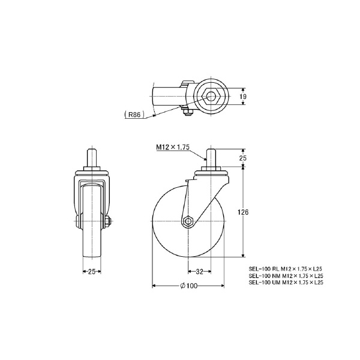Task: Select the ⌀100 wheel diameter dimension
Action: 188,286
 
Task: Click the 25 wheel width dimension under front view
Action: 92,271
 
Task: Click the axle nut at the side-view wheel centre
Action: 188,222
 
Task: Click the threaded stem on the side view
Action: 212,158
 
